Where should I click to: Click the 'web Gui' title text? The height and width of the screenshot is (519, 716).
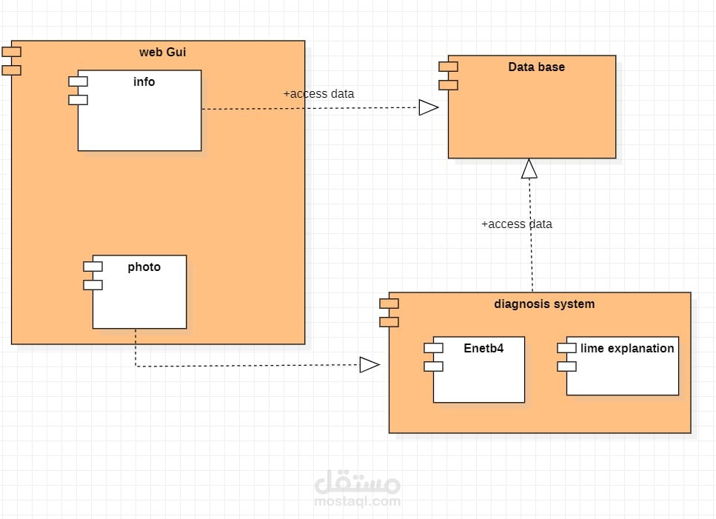[x=167, y=52]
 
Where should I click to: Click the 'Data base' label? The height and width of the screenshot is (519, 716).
[x=536, y=67]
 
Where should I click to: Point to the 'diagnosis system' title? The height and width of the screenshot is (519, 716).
[x=543, y=304]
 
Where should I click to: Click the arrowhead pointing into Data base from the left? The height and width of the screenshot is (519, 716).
[x=429, y=108]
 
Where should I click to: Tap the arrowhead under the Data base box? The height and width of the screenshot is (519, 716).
[x=529, y=169]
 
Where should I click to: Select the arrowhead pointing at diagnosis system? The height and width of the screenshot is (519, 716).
[x=369, y=364]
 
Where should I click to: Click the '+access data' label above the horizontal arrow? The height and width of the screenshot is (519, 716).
[x=318, y=94]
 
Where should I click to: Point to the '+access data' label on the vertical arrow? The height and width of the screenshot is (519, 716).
[x=516, y=224]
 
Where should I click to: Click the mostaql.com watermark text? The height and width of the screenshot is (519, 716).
[x=358, y=501]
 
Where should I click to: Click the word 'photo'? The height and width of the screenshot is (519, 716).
[x=144, y=267]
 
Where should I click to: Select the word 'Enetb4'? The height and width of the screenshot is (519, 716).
[x=484, y=348]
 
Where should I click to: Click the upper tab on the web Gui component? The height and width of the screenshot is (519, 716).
[x=12, y=52]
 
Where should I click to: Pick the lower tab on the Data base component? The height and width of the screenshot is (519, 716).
[x=448, y=84]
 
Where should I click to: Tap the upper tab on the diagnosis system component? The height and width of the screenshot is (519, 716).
[x=389, y=304]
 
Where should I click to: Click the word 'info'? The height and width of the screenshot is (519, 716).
[x=144, y=82]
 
